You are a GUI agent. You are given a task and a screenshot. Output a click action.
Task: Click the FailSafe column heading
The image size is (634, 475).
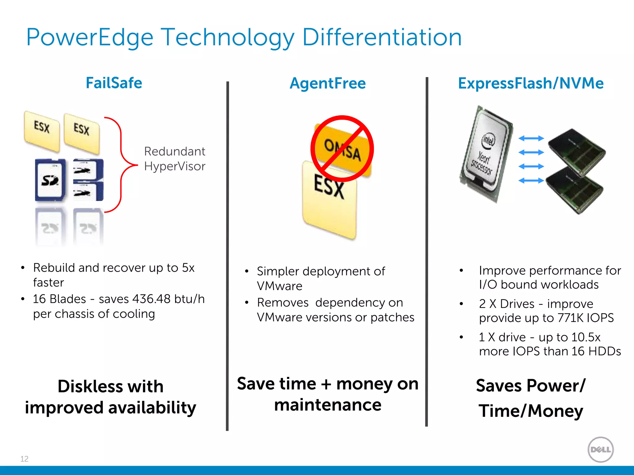tap(114, 83)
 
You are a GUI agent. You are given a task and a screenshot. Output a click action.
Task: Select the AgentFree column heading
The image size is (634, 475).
tap(328, 83)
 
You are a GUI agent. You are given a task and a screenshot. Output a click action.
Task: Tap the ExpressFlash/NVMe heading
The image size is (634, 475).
tap(531, 83)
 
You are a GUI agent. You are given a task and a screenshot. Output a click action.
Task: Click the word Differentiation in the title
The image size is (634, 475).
tap(382, 37)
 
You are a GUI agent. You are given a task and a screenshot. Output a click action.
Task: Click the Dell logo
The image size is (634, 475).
tap(600, 449)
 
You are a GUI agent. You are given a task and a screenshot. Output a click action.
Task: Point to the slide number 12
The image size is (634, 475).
tap(24, 459)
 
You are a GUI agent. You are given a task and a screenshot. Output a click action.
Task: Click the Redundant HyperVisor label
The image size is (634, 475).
tap(175, 159)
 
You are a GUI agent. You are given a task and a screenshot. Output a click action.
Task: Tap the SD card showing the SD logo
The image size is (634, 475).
tap(50, 180)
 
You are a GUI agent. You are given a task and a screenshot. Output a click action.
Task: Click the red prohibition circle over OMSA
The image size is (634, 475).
tap(342, 149)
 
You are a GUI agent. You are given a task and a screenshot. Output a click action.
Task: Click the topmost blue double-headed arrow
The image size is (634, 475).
tap(531, 138)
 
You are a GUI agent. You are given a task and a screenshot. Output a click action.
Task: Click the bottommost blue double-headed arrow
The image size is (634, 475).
tap(531, 180)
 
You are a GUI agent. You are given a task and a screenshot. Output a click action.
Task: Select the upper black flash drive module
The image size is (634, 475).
tap(576, 152)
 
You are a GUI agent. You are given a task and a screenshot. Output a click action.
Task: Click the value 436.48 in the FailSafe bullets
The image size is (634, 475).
tap(151, 299)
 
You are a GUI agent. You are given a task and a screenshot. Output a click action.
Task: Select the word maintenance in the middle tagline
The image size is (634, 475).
tap(328, 405)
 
